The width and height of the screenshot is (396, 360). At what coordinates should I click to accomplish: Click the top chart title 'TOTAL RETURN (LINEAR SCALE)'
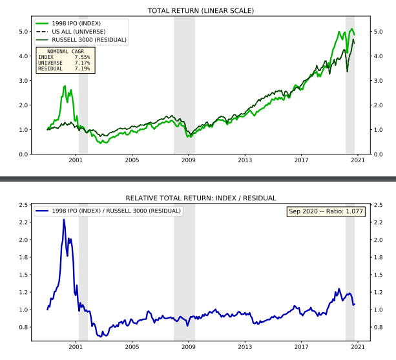pos(200,11)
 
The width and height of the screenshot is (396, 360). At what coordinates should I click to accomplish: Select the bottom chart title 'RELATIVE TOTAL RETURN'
pos(200,198)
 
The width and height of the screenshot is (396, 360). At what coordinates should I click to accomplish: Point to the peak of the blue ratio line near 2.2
pos(63,220)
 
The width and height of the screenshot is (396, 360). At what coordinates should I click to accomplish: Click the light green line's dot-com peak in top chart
pos(65,86)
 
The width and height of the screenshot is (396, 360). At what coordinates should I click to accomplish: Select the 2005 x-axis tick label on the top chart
pos(132,160)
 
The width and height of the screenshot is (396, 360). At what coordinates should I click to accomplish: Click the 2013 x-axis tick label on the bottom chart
pos(245,346)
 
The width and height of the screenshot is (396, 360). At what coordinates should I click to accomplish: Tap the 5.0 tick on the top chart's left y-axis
pos(23,32)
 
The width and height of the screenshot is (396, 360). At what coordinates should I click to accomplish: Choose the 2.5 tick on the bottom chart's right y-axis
pos(378,205)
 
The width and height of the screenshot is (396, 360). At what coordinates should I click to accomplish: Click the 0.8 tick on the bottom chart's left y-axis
pos(23,327)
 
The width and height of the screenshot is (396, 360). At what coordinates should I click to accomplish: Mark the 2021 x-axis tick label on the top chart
pos(358,160)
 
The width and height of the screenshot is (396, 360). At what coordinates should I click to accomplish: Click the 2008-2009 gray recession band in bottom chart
pos(184,271)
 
